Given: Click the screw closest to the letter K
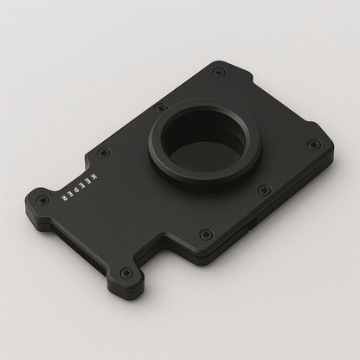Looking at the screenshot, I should pyautogui.click(x=104, y=153).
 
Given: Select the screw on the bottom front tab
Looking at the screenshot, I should pyautogui.click(x=126, y=273).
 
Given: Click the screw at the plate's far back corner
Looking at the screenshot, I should pyautogui.click(x=219, y=71).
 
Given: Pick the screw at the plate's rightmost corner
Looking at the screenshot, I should pyautogui.click(x=314, y=144).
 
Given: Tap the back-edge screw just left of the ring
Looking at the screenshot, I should pyautogui.click(x=160, y=108).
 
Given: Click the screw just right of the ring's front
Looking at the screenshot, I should pyautogui.click(x=265, y=190).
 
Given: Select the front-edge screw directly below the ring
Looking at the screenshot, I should pyautogui.click(x=205, y=234).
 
